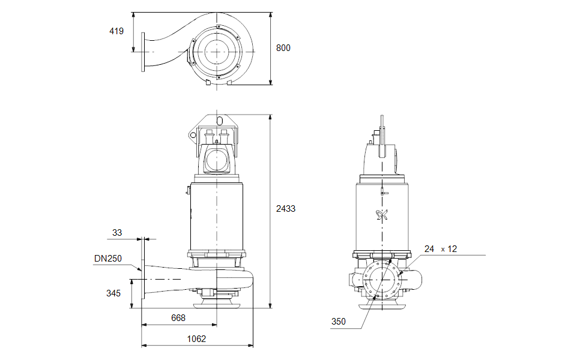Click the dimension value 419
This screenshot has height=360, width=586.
click(116, 31)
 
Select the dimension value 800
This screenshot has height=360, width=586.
click(283, 48)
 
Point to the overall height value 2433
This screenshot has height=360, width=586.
click(286, 209)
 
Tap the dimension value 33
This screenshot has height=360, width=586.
click(117, 232)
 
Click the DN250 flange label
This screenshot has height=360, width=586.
click(108, 259)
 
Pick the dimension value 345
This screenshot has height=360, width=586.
click(113, 293)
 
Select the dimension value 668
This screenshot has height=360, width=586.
click(178, 318)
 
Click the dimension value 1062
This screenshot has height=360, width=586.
click(196, 339)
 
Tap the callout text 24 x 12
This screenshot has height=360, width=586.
click(440, 248)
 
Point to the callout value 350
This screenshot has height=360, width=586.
click(338, 322)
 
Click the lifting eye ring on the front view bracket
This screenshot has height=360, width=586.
click(193, 135)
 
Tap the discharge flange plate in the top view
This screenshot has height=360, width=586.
click(143, 52)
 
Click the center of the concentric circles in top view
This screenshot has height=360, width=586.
click(215, 52)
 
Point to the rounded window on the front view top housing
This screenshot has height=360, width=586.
click(216, 160)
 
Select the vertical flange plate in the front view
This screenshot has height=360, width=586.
click(143, 270)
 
